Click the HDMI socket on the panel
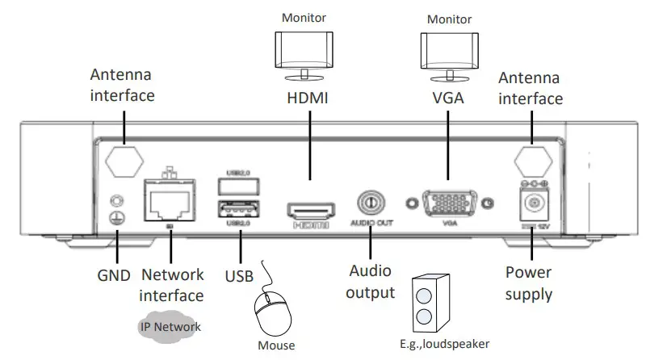[310, 211]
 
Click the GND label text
[114, 274]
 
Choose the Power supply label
[529, 283]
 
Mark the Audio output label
[370, 282]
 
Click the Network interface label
[172, 284]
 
